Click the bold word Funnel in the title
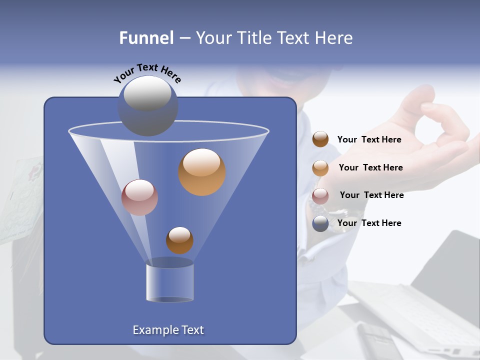146,38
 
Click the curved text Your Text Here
147,73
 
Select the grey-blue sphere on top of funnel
147,106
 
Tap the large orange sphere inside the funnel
202,172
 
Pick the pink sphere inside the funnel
139,197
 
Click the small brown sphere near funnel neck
179,240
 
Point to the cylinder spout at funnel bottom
169,280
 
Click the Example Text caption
168,330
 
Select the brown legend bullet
320,139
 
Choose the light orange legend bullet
320,167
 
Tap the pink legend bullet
320,195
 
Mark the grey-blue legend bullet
320,223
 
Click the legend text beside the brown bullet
369,139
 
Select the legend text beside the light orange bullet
370,167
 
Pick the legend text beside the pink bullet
371,195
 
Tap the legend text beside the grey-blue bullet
369,223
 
